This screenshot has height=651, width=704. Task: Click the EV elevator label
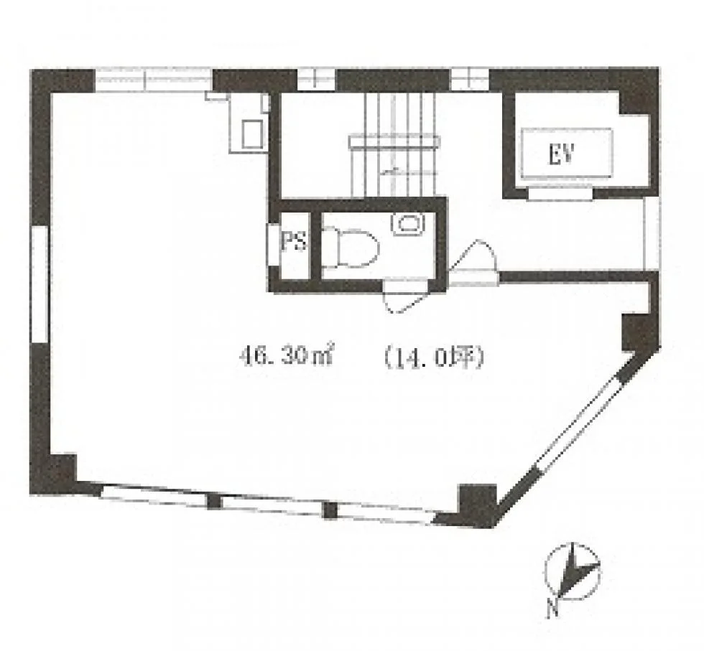561,155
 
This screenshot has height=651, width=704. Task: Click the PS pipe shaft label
294,240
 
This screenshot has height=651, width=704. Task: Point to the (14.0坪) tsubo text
434,357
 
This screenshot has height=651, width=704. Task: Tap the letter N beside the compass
554,609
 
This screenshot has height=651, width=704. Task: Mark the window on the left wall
39,284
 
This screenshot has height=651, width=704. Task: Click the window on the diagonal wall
578,425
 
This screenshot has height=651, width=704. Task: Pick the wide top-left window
154,80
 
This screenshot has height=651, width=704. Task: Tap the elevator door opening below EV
560,194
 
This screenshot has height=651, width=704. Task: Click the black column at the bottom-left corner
53,474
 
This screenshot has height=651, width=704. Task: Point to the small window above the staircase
317,80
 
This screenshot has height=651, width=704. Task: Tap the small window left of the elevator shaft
470,79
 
